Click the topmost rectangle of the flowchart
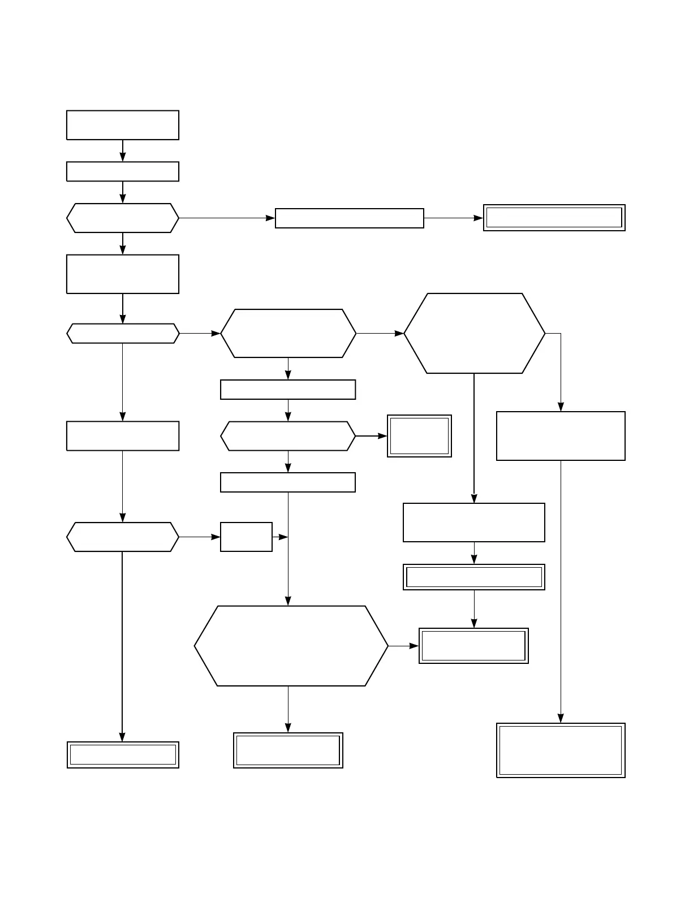(x=123, y=125)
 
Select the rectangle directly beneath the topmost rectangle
(x=123, y=171)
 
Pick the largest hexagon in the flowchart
(x=291, y=646)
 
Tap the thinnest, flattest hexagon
(x=123, y=334)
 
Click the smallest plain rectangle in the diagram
(x=246, y=537)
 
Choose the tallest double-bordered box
(x=561, y=750)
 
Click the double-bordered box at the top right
(x=554, y=218)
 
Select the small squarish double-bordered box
(x=419, y=436)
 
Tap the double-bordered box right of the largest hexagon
(x=473, y=645)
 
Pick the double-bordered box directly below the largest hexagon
(x=288, y=750)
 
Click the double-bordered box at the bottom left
(x=123, y=754)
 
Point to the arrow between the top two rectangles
(x=123, y=151)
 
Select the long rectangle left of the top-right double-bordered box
(x=349, y=218)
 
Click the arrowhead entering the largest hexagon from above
(x=288, y=601)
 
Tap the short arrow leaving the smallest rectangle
(x=280, y=537)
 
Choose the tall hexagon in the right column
(x=474, y=333)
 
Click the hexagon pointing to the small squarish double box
(x=288, y=436)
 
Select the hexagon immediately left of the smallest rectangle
(x=123, y=537)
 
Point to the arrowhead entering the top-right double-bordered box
(x=479, y=218)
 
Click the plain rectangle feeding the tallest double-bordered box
(x=561, y=436)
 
